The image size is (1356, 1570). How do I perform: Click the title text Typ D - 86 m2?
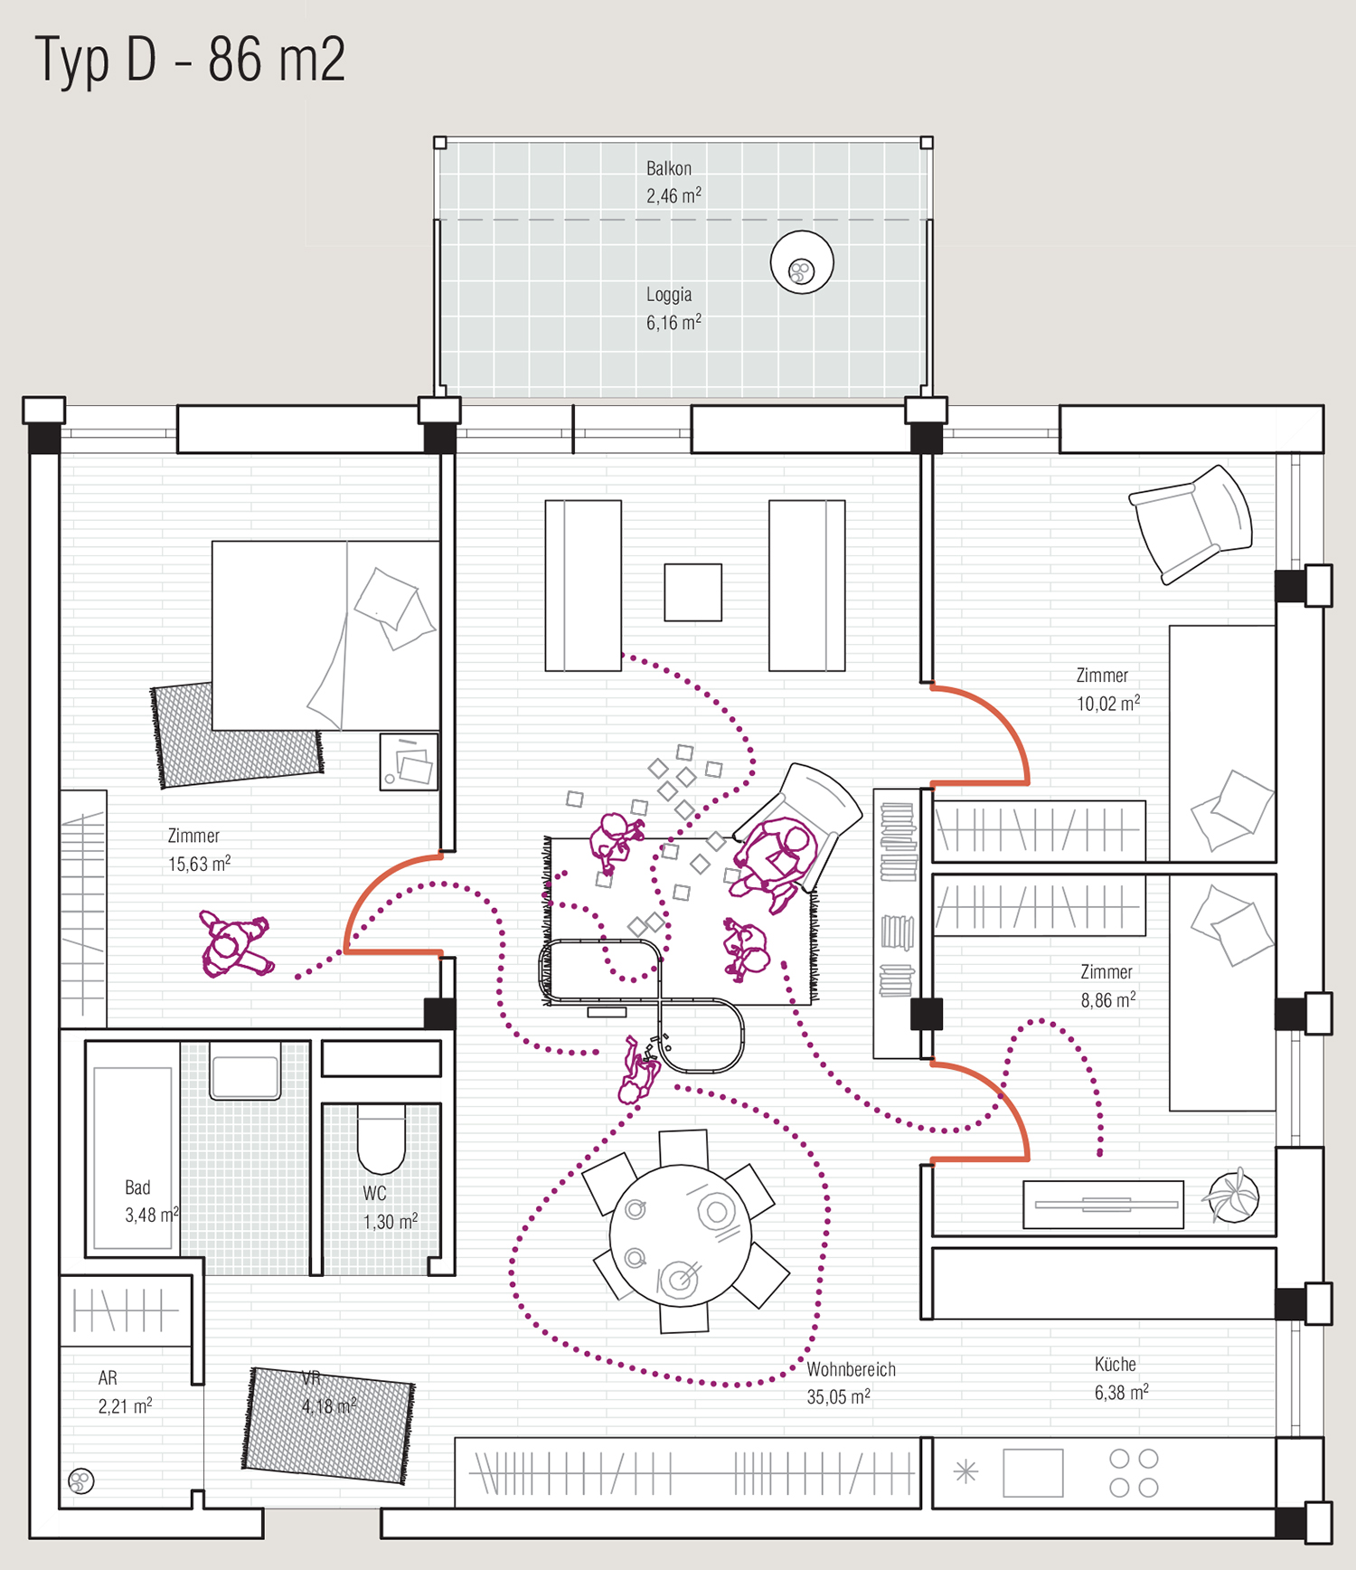190,60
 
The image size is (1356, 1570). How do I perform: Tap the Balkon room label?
669,168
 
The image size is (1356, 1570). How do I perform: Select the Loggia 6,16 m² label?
673,308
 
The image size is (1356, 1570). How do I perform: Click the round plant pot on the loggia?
802,262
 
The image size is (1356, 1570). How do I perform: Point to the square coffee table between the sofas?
693,592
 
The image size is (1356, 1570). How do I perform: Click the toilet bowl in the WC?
381,1141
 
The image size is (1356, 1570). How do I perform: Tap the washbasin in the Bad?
245,1071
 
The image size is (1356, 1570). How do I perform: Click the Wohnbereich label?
851,1369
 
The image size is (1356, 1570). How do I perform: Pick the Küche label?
1116,1364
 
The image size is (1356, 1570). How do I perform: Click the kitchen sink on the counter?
1033,1472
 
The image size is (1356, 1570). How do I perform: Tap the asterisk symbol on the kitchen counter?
965,1471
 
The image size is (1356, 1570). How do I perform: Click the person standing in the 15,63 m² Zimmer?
236,944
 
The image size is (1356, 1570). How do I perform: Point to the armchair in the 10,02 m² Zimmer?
1191,524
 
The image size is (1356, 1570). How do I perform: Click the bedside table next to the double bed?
409,761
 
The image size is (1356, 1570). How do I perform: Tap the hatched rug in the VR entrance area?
328,1425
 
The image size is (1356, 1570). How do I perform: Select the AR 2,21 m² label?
125,1392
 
